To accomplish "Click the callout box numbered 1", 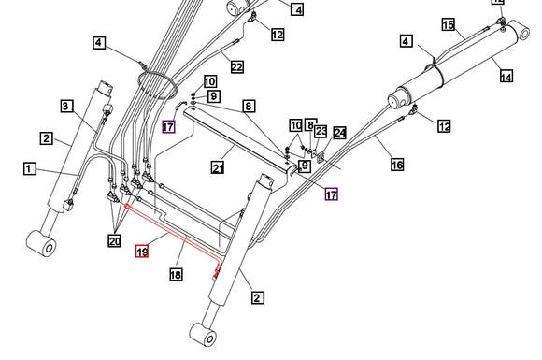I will [x=30, y=169].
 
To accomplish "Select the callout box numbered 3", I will [x=67, y=106].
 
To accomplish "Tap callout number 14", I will [x=506, y=77].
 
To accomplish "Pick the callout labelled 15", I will [x=448, y=24].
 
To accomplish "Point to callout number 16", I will [x=397, y=165].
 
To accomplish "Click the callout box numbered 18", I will [x=176, y=274].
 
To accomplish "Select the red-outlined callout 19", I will [x=142, y=251].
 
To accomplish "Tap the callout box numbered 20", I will [x=114, y=242].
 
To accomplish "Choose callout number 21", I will [x=217, y=168].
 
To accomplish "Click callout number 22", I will [x=236, y=66].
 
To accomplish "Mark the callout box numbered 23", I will [x=321, y=132].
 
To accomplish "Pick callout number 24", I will [x=339, y=133].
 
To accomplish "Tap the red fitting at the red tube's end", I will [x=220, y=272].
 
